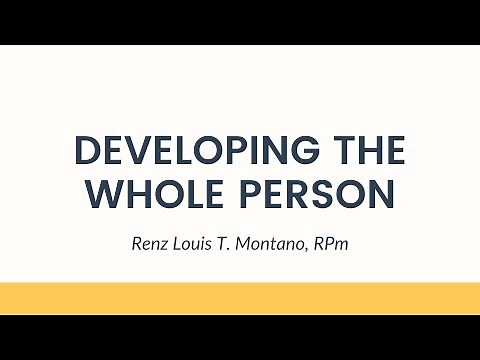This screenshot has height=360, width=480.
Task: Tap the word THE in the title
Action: pos(369,152)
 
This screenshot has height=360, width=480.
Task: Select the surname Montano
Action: pos(279,243)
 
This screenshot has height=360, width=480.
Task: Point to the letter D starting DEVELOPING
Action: pos(88,152)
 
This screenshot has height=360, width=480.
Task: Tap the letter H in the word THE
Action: pos(369,152)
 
